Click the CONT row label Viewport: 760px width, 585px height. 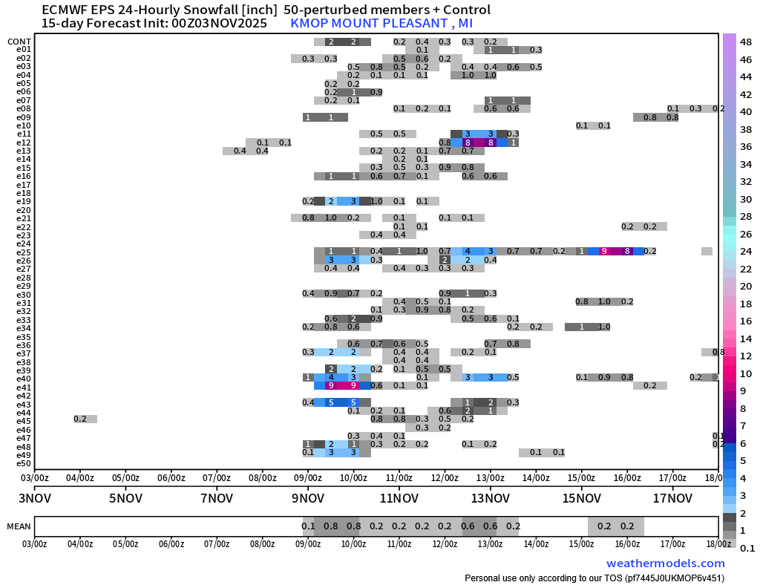click(x=19, y=42)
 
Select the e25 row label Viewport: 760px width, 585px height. click(x=23, y=252)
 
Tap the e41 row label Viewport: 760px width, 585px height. click(x=23, y=388)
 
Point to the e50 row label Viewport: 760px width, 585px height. click(x=23, y=463)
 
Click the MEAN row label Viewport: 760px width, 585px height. click(x=19, y=526)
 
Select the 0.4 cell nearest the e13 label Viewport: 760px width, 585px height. click(x=240, y=151)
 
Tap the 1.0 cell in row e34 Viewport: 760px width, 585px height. click(x=604, y=327)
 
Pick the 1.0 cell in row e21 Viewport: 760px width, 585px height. click(x=331, y=218)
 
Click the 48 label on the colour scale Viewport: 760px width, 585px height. click(x=747, y=42)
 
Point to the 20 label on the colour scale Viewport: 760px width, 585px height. click(x=747, y=287)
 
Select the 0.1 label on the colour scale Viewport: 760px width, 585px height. click(x=747, y=548)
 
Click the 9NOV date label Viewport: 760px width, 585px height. click(x=308, y=497)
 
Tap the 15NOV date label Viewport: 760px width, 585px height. click(x=581, y=497)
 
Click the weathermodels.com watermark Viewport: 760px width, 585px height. click(x=665, y=563)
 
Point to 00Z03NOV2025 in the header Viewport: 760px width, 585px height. click(x=214, y=23)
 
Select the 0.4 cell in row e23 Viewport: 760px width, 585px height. click(x=377, y=235)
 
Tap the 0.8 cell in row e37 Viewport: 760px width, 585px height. click(x=718, y=353)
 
